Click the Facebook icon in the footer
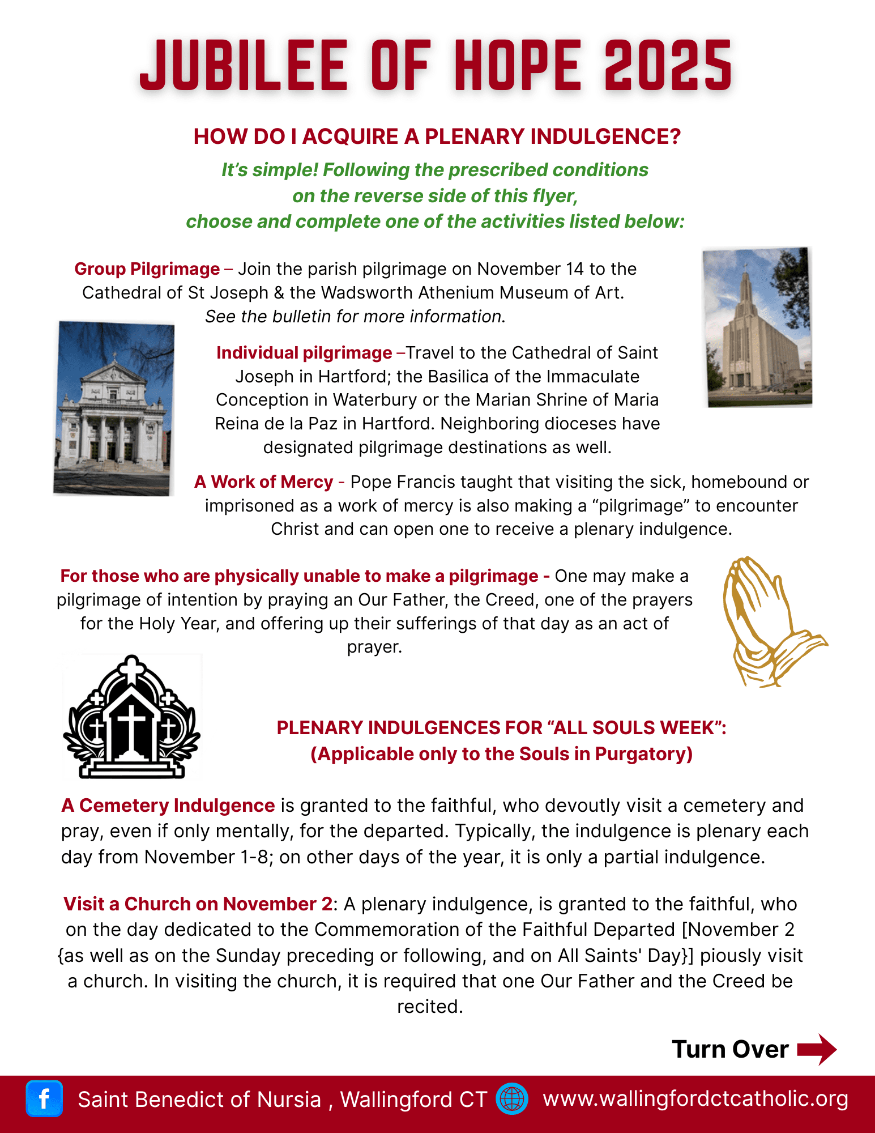click(x=44, y=1098)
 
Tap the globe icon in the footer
click(x=512, y=1098)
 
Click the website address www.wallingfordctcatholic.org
click(x=695, y=1098)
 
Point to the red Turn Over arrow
click(x=817, y=1049)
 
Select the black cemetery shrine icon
click(x=132, y=717)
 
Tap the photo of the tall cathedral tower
click(x=758, y=327)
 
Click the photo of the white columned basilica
click(x=114, y=408)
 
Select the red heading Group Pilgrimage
click(x=147, y=269)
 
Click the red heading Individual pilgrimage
click(x=304, y=352)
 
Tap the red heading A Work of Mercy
click(x=263, y=482)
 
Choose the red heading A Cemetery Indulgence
click(x=168, y=805)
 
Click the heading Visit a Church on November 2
click(x=198, y=904)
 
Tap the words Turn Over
click(x=730, y=1049)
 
